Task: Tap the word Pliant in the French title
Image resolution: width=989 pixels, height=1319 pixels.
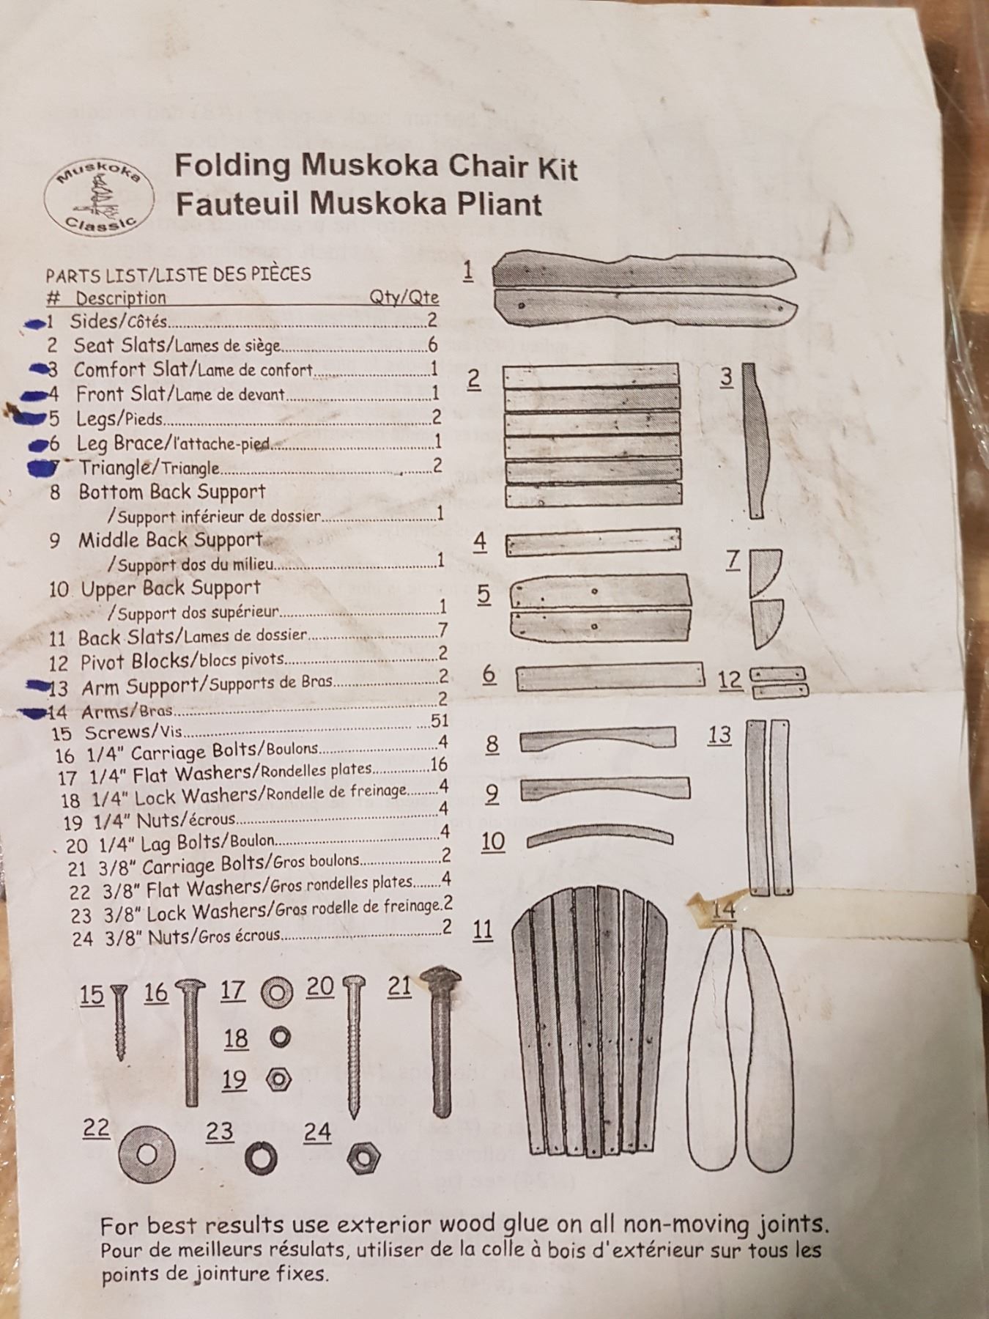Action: click(x=500, y=203)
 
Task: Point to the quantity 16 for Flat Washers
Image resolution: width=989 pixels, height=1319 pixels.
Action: click(x=439, y=765)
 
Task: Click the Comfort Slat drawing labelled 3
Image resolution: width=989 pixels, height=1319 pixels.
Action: click(x=755, y=440)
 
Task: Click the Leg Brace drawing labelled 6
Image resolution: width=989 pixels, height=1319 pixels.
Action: click(x=610, y=677)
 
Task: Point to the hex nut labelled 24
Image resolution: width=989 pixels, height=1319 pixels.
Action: click(x=362, y=1157)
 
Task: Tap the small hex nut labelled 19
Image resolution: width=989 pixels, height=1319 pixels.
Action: click(x=279, y=1079)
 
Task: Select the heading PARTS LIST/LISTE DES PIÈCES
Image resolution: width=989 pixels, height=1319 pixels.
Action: click(x=178, y=274)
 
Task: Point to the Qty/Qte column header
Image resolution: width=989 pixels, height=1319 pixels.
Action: click(x=404, y=297)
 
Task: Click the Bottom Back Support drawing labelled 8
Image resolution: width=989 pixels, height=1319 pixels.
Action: click(x=597, y=739)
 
